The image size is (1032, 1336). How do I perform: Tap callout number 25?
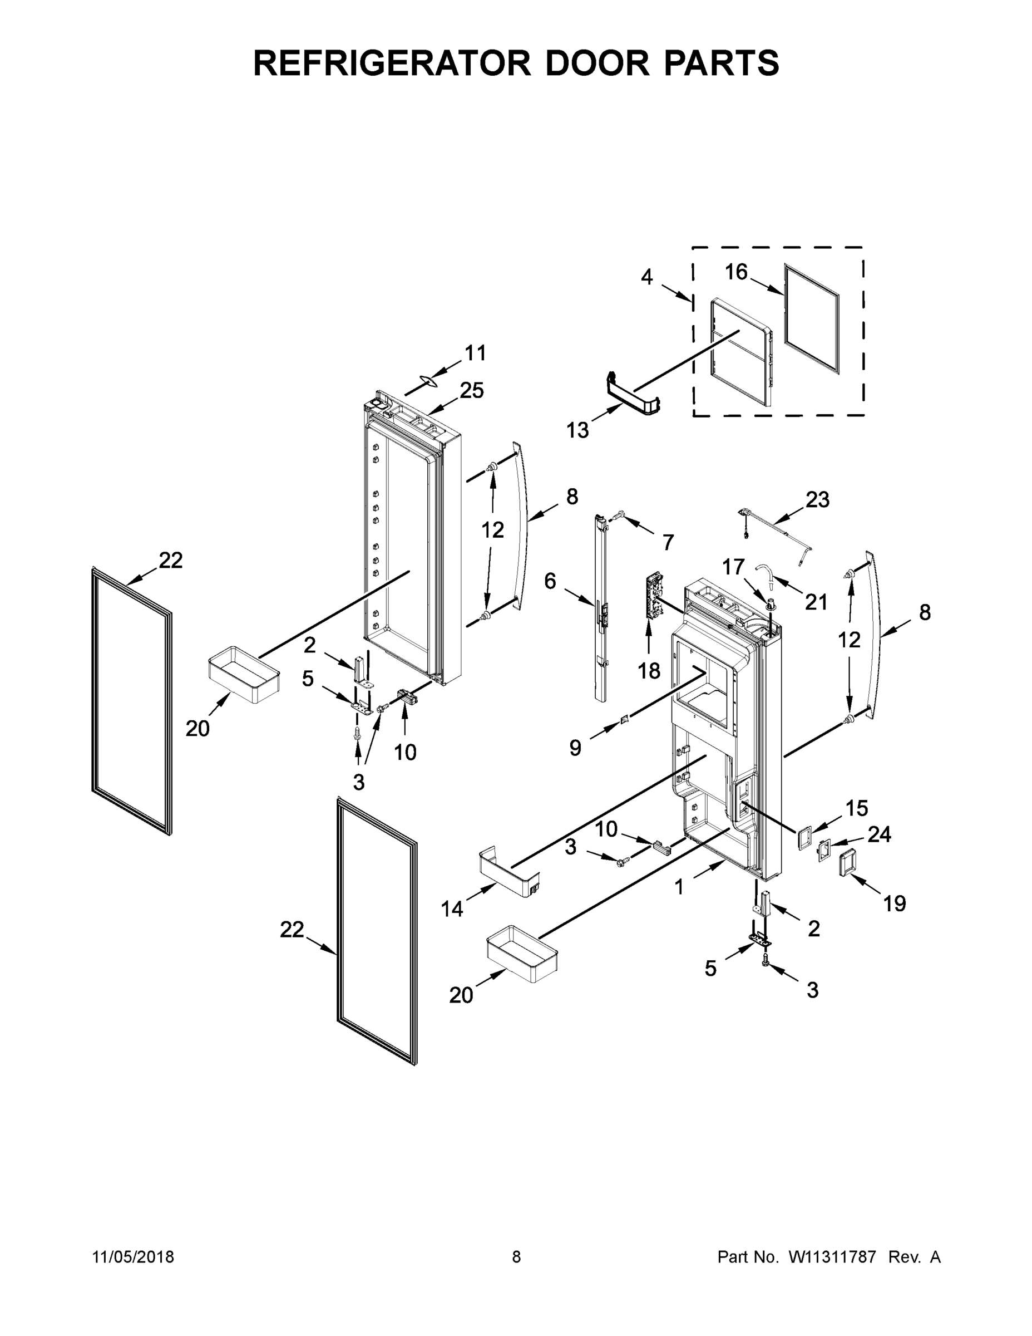tap(471, 390)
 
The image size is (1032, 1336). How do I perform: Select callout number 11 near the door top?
tap(475, 353)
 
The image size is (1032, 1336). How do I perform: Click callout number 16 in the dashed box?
tap(736, 272)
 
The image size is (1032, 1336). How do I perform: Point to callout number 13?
tap(577, 430)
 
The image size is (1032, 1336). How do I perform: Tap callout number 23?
tap(817, 500)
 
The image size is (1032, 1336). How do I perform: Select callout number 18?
tap(649, 671)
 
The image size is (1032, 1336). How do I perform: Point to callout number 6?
tap(550, 581)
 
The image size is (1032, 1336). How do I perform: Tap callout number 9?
tap(575, 747)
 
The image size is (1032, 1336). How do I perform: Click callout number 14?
tap(452, 909)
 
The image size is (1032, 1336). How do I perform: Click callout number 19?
tap(895, 903)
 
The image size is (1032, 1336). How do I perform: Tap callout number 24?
tap(879, 834)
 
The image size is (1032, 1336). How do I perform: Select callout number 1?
tap(679, 886)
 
